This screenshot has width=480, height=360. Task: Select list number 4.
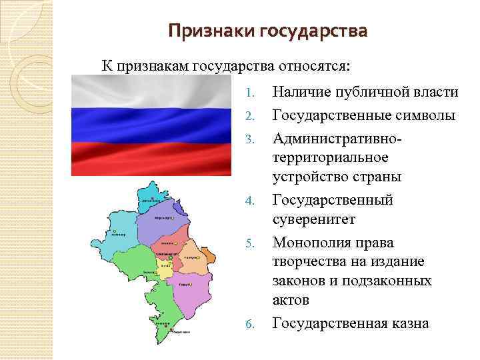[x=249, y=200]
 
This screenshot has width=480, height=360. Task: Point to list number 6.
[x=249, y=324]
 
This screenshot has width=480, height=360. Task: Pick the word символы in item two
[x=424, y=115]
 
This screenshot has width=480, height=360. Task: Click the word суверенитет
[x=314, y=219]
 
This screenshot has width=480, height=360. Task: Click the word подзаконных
[x=387, y=281]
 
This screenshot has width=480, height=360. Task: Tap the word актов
[x=291, y=301]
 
